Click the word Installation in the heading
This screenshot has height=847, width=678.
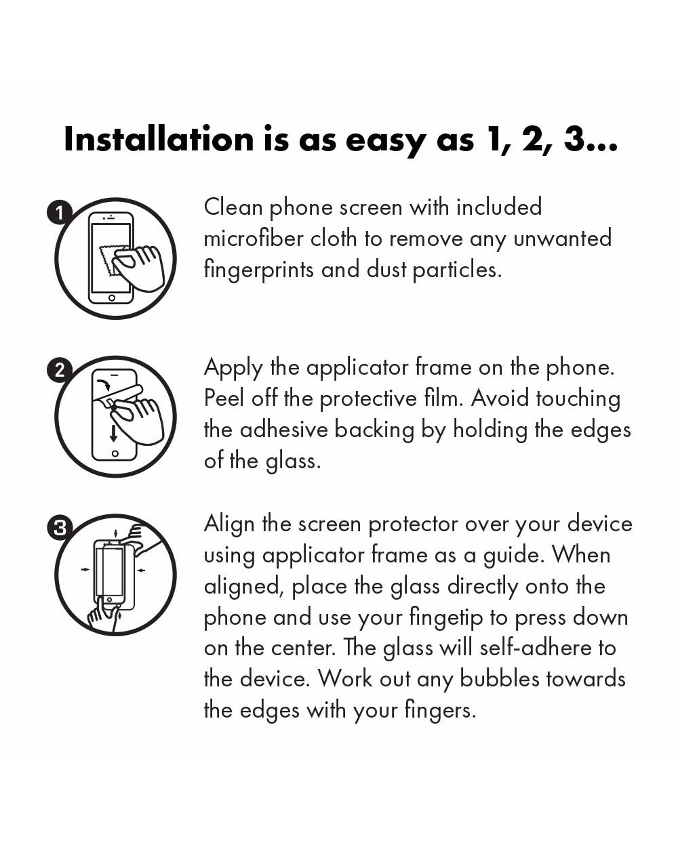tap(159, 139)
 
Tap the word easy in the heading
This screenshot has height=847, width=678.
tap(386, 142)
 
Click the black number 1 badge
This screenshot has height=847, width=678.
tap(60, 213)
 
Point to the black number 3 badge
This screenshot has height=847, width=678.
tap(60, 527)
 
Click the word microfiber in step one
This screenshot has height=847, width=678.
tap(254, 239)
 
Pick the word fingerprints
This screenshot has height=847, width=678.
tap(259, 271)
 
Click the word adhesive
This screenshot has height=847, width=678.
tap(283, 430)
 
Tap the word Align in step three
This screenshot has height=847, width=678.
tap(229, 525)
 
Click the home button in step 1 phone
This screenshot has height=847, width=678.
tap(111, 298)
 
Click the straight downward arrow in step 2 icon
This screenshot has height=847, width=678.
tap(113, 434)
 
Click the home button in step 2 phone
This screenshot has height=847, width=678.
tap(115, 454)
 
